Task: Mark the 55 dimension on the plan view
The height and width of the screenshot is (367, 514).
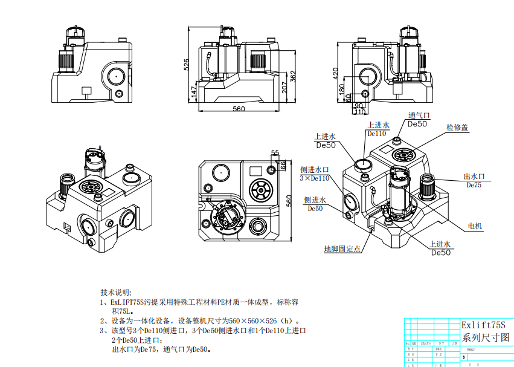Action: (x=275, y=152)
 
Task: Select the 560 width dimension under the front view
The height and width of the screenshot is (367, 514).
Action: (x=239, y=109)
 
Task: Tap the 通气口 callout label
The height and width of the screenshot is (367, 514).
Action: (x=418, y=115)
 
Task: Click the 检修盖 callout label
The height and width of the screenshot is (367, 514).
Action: (x=457, y=128)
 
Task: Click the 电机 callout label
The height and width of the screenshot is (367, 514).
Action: (x=475, y=226)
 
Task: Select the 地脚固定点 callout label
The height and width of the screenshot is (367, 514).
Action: (x=342, y=248)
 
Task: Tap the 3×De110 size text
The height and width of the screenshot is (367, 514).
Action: (x=315, y=178)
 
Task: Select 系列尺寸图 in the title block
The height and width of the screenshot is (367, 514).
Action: (x=486, y=337)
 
